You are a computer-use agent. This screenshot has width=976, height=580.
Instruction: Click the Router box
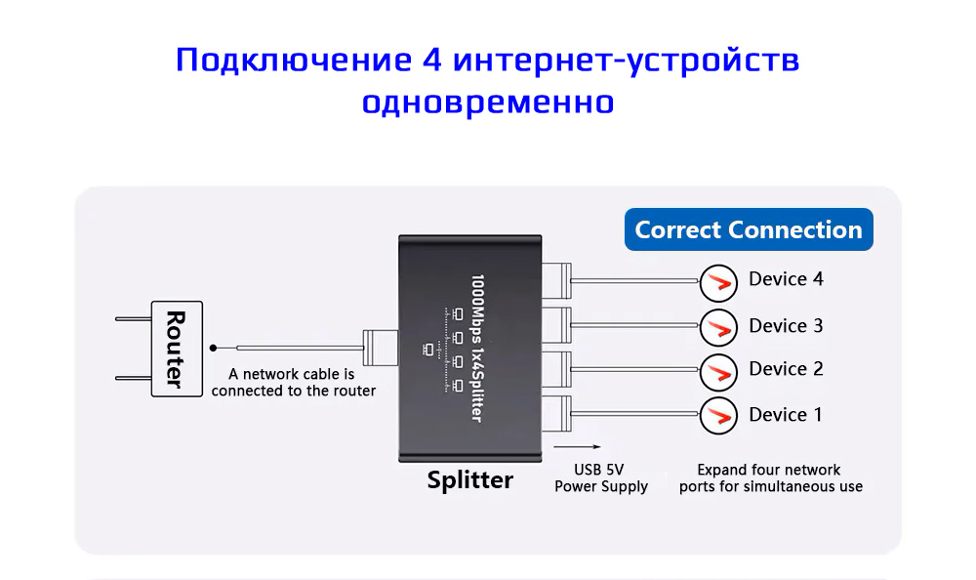coord(177,349)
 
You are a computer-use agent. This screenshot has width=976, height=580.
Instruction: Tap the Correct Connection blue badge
coord(749,230)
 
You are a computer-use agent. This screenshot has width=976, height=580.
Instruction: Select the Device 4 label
coord(786,279)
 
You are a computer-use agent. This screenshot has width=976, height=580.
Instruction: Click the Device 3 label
coord(786,325)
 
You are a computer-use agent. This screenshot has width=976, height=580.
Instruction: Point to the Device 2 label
coord(786,369)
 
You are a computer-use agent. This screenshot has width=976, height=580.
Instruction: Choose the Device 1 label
coord(786,415)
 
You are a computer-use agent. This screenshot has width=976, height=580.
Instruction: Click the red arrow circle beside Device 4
coord(718,283)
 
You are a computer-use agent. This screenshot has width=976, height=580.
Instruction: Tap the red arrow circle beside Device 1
coord(718,415)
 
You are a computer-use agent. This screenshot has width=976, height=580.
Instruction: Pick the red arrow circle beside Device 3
coord(718,327)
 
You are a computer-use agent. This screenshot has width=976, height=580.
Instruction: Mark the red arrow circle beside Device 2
coord(718,370)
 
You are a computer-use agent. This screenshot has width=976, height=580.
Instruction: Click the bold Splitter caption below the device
coord(469,479)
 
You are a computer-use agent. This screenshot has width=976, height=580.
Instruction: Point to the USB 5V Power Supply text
coord(600,477)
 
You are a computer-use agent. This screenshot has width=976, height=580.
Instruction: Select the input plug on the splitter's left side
coord(380,348)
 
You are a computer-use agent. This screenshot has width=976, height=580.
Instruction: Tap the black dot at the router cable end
coord(214,348)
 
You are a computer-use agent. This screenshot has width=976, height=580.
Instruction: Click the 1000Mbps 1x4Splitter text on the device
coord(477,347)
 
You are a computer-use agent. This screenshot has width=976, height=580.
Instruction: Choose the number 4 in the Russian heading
coord(432,61)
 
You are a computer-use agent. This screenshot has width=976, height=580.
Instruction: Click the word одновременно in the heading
coord(488,102)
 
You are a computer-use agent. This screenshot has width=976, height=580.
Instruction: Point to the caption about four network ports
coord(771,477)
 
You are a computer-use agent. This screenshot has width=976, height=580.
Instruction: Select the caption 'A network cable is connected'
coord(293,382)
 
